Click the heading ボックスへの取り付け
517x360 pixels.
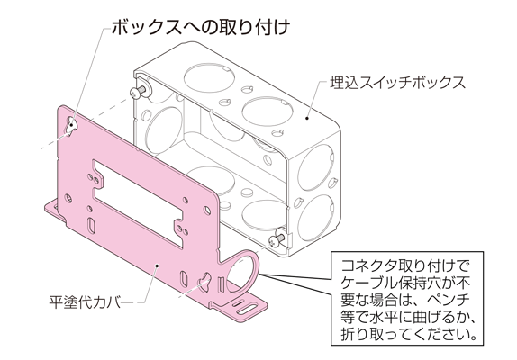click(x=201, y=27)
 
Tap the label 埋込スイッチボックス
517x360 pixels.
click(x=398, y=83)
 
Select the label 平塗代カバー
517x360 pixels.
click(x=91, y=301)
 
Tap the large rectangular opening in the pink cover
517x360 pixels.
click(x=139, y=202)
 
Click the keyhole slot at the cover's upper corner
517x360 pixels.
click(x=71, y=125)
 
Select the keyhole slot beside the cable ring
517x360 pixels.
click(x=204, y=281)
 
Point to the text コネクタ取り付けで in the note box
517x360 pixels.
click(x=404, y=265)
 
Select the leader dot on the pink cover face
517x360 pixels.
click(x=158, y=265)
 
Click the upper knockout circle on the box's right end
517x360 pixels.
click(x=315, y=167)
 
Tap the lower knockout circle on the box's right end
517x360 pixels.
click(x=316, y=218)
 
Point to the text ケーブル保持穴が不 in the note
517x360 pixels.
click(x=404, y=283)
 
